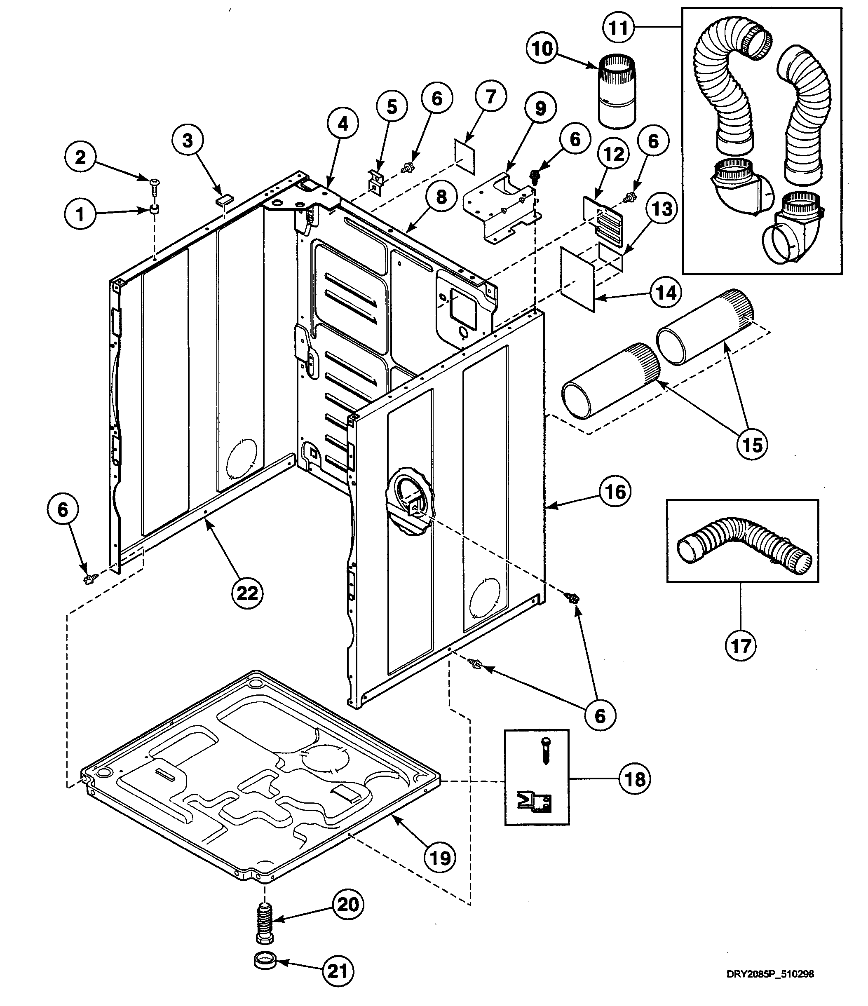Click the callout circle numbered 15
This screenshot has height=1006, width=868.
[x=752, y=444]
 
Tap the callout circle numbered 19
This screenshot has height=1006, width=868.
[x=440, y=858]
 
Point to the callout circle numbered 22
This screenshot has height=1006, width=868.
[x=247, y=592]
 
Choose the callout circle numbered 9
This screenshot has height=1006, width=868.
[x=541, y=108]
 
